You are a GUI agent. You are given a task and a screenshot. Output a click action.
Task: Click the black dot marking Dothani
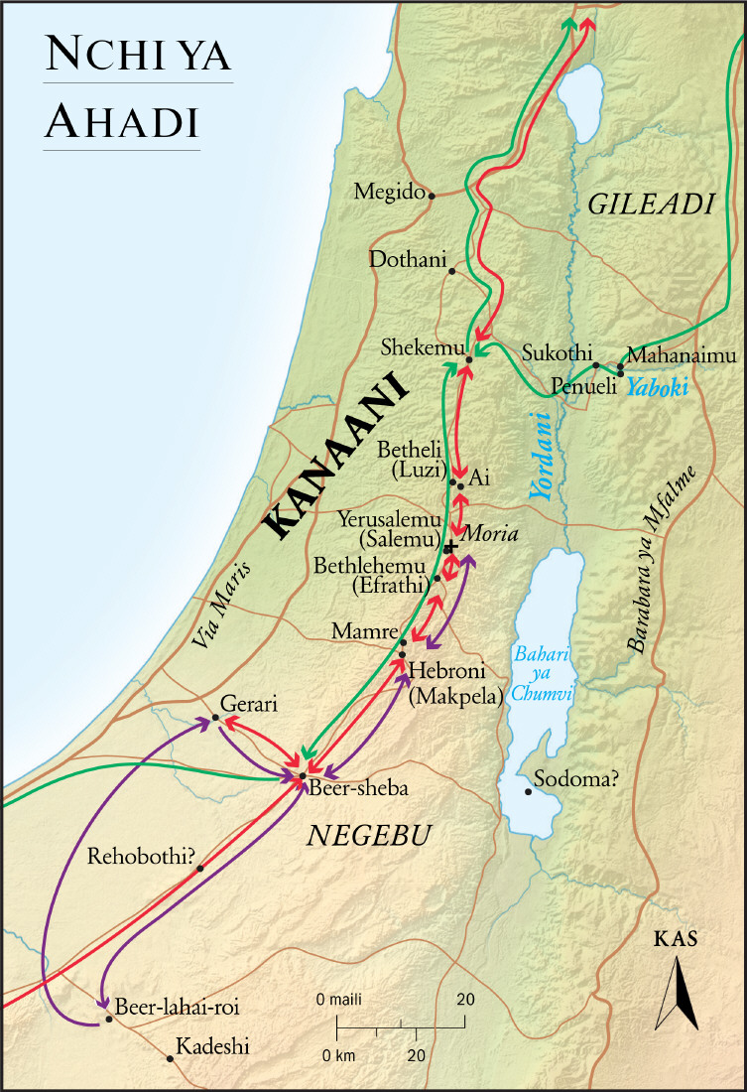click(451, 271)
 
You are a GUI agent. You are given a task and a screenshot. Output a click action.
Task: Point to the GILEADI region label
click(651, 205)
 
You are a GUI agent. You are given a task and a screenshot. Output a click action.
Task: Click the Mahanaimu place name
click(678, 355)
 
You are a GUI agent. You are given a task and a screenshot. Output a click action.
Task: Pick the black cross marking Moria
click(450, 547)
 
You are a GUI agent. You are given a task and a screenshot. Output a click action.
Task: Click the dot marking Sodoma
click(528, 791)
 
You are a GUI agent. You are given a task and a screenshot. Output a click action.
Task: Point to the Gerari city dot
click(215, 718)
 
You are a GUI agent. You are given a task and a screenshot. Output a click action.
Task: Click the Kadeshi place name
click(212, 1046)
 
